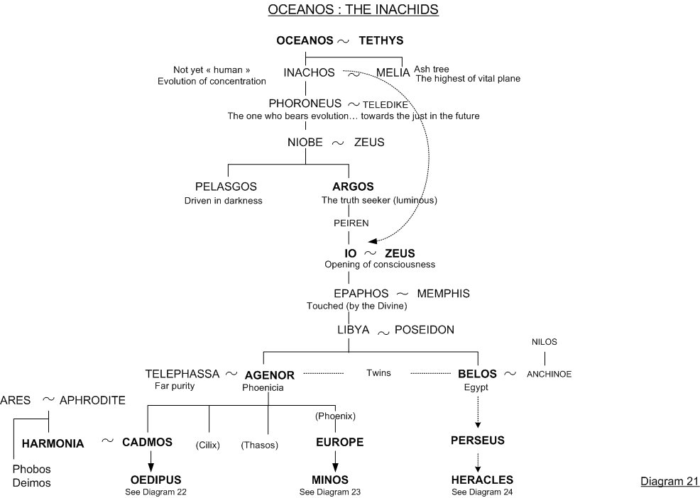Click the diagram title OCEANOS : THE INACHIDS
(x=353, y=10)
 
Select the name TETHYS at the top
(x=381, y=40)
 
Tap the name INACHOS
(x=309, y=72)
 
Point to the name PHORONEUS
(x=305, y=104)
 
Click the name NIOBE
(x=305, y=143)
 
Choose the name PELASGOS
(x=226, y=187)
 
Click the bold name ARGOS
(x=353, y=187)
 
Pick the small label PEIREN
(x=351, y=223)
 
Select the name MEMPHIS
(x=443, y=293)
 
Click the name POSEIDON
(x=425, y=330)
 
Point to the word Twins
(x=378, y=372)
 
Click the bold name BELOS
(x=477, y=373)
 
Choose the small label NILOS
(x=545, y=342)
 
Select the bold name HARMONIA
(x=53, y=444)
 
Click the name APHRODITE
(x=92, y=400)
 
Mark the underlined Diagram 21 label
(x=670, y=482)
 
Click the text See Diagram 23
(x=330, y=492)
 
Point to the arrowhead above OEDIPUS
(x=151, y=466)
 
